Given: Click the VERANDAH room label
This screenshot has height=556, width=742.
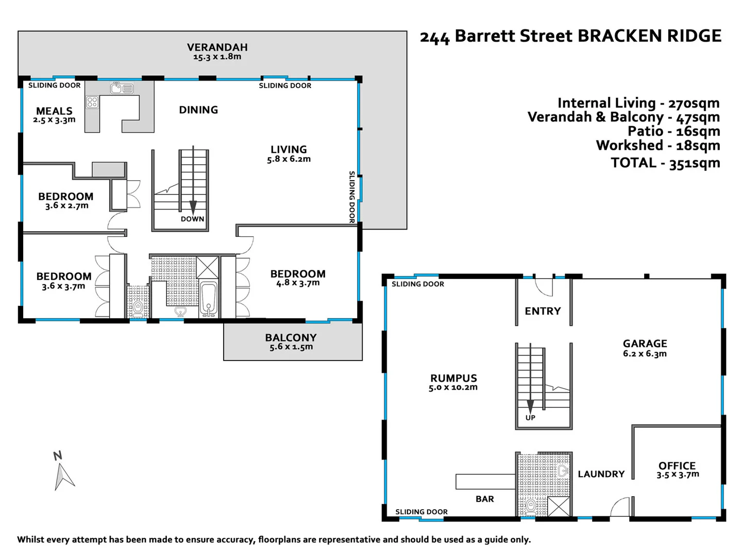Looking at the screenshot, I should coord(217,47).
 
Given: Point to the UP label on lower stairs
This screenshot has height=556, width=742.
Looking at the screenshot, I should coord(530,418).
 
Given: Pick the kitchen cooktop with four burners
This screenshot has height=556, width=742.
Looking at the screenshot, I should coord(92,101).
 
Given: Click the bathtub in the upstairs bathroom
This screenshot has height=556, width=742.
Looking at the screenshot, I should coord(209,300).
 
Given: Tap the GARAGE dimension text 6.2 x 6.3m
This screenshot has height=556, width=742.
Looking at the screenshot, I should coord(645,354).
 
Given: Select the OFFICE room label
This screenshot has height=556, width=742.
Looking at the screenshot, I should coord(677,465).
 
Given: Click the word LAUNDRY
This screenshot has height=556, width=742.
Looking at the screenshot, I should coord(601,474).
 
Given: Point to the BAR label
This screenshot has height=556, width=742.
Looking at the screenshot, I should coord(484,499).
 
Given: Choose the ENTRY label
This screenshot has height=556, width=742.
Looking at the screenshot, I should coord(543,311).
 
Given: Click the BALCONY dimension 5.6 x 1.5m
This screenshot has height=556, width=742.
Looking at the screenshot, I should coord(291,347).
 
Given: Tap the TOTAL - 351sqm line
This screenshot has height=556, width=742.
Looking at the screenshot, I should coord(665,163).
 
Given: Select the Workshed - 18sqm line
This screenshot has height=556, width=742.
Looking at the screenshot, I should coord(658,146).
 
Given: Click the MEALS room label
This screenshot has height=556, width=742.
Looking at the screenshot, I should coord(54,111).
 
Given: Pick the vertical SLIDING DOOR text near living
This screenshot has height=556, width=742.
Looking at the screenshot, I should coord(352,197).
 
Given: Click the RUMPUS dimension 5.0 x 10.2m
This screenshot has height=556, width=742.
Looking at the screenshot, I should coord(453,387).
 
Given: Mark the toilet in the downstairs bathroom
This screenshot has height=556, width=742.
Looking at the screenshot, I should coord(530,506).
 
